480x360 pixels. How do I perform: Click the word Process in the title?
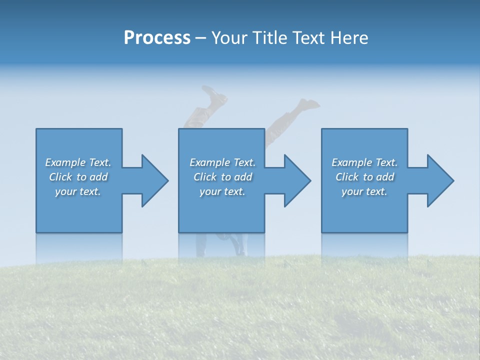[157, 38]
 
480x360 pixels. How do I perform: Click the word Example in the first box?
[65, 162]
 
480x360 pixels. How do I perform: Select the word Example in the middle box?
[210, 162]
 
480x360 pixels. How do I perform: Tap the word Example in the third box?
[352, 162]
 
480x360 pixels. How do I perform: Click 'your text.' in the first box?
[78, 191]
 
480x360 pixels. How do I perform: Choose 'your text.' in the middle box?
[222, 191]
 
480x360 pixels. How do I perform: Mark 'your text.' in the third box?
[364, 191]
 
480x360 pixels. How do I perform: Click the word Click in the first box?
[60, 177]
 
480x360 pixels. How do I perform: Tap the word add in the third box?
[385, 177]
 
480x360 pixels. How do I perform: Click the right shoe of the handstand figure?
[308, 103]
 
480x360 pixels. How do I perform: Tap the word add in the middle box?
[243, 177]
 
